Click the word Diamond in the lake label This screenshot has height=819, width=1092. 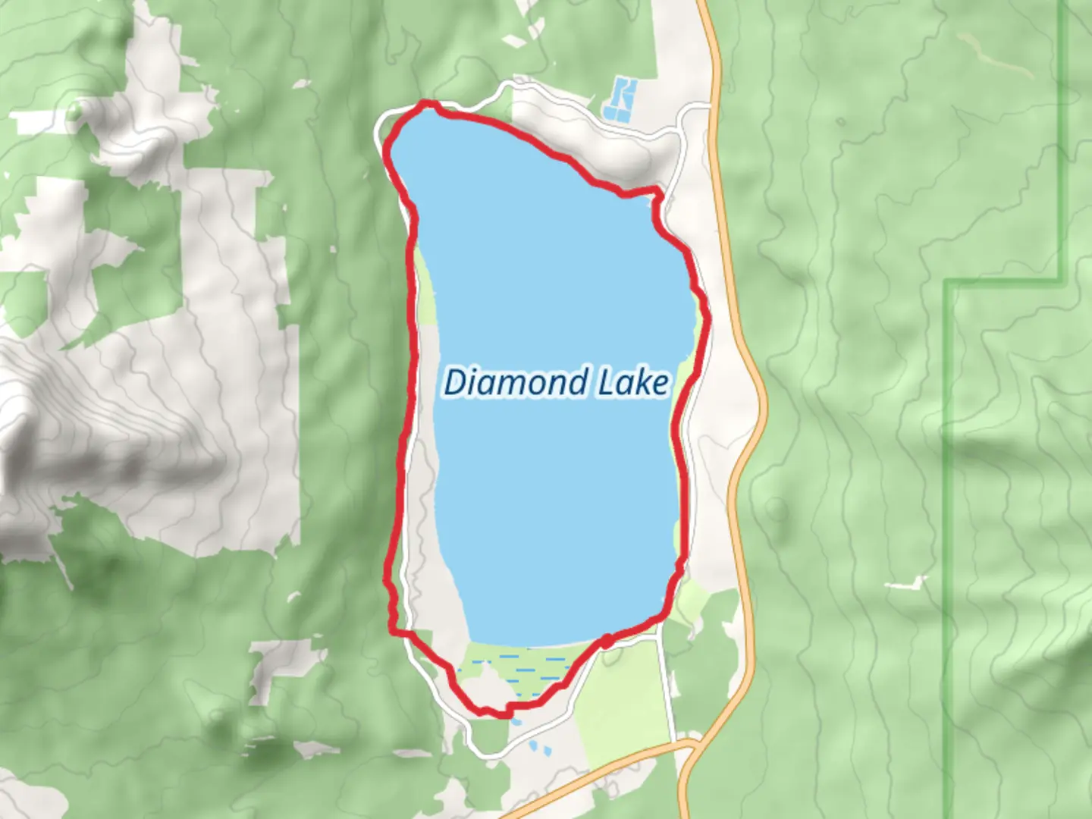click(x=516, y=382)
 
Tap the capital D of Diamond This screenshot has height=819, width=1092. click(x=454, y=382)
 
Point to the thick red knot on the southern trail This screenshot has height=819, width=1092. click(x=607, y=642)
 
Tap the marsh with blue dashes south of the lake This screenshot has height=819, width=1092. click(x=523, y=667)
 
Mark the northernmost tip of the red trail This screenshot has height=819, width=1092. click(x=429, y=103)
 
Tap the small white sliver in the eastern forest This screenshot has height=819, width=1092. click(x=907, y=584)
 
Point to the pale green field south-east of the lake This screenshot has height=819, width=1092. click(x=622, y=698)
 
